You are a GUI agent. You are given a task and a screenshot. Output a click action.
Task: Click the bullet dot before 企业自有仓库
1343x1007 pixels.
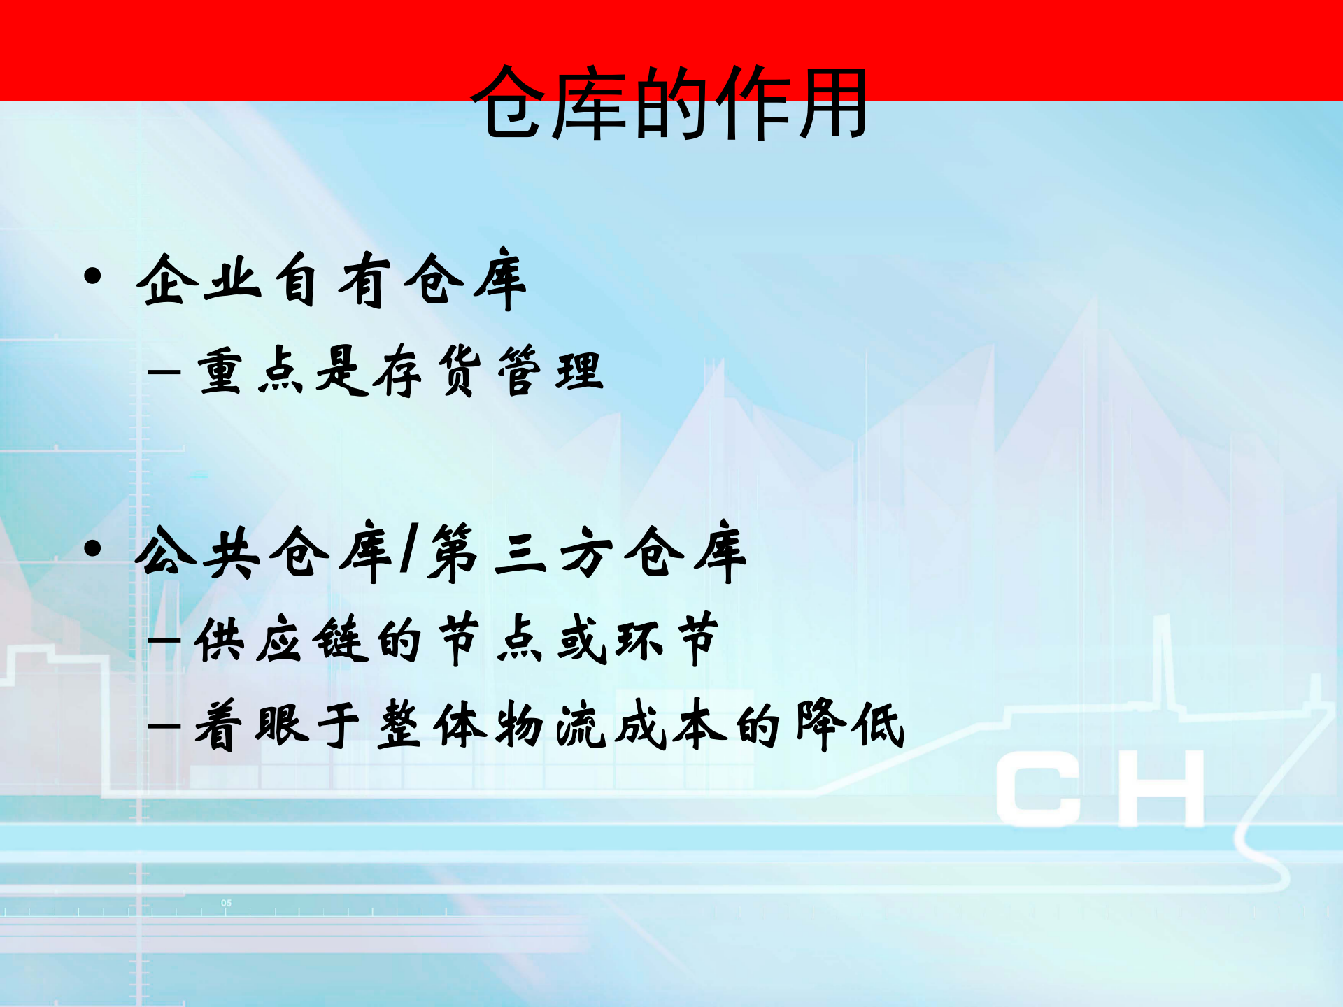92,276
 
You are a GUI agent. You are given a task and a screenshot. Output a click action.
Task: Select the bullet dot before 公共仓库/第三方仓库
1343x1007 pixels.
92,549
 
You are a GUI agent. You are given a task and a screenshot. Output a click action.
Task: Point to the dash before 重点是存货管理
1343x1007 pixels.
164,371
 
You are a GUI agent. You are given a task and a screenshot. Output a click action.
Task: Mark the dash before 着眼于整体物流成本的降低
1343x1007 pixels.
164,725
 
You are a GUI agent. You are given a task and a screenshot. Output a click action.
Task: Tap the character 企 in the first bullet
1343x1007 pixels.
166,280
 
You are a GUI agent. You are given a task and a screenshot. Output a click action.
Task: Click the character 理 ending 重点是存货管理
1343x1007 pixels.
579,371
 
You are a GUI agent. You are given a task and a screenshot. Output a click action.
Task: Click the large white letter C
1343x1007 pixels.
1039,790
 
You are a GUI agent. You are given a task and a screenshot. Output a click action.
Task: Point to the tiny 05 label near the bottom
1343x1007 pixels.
226,903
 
